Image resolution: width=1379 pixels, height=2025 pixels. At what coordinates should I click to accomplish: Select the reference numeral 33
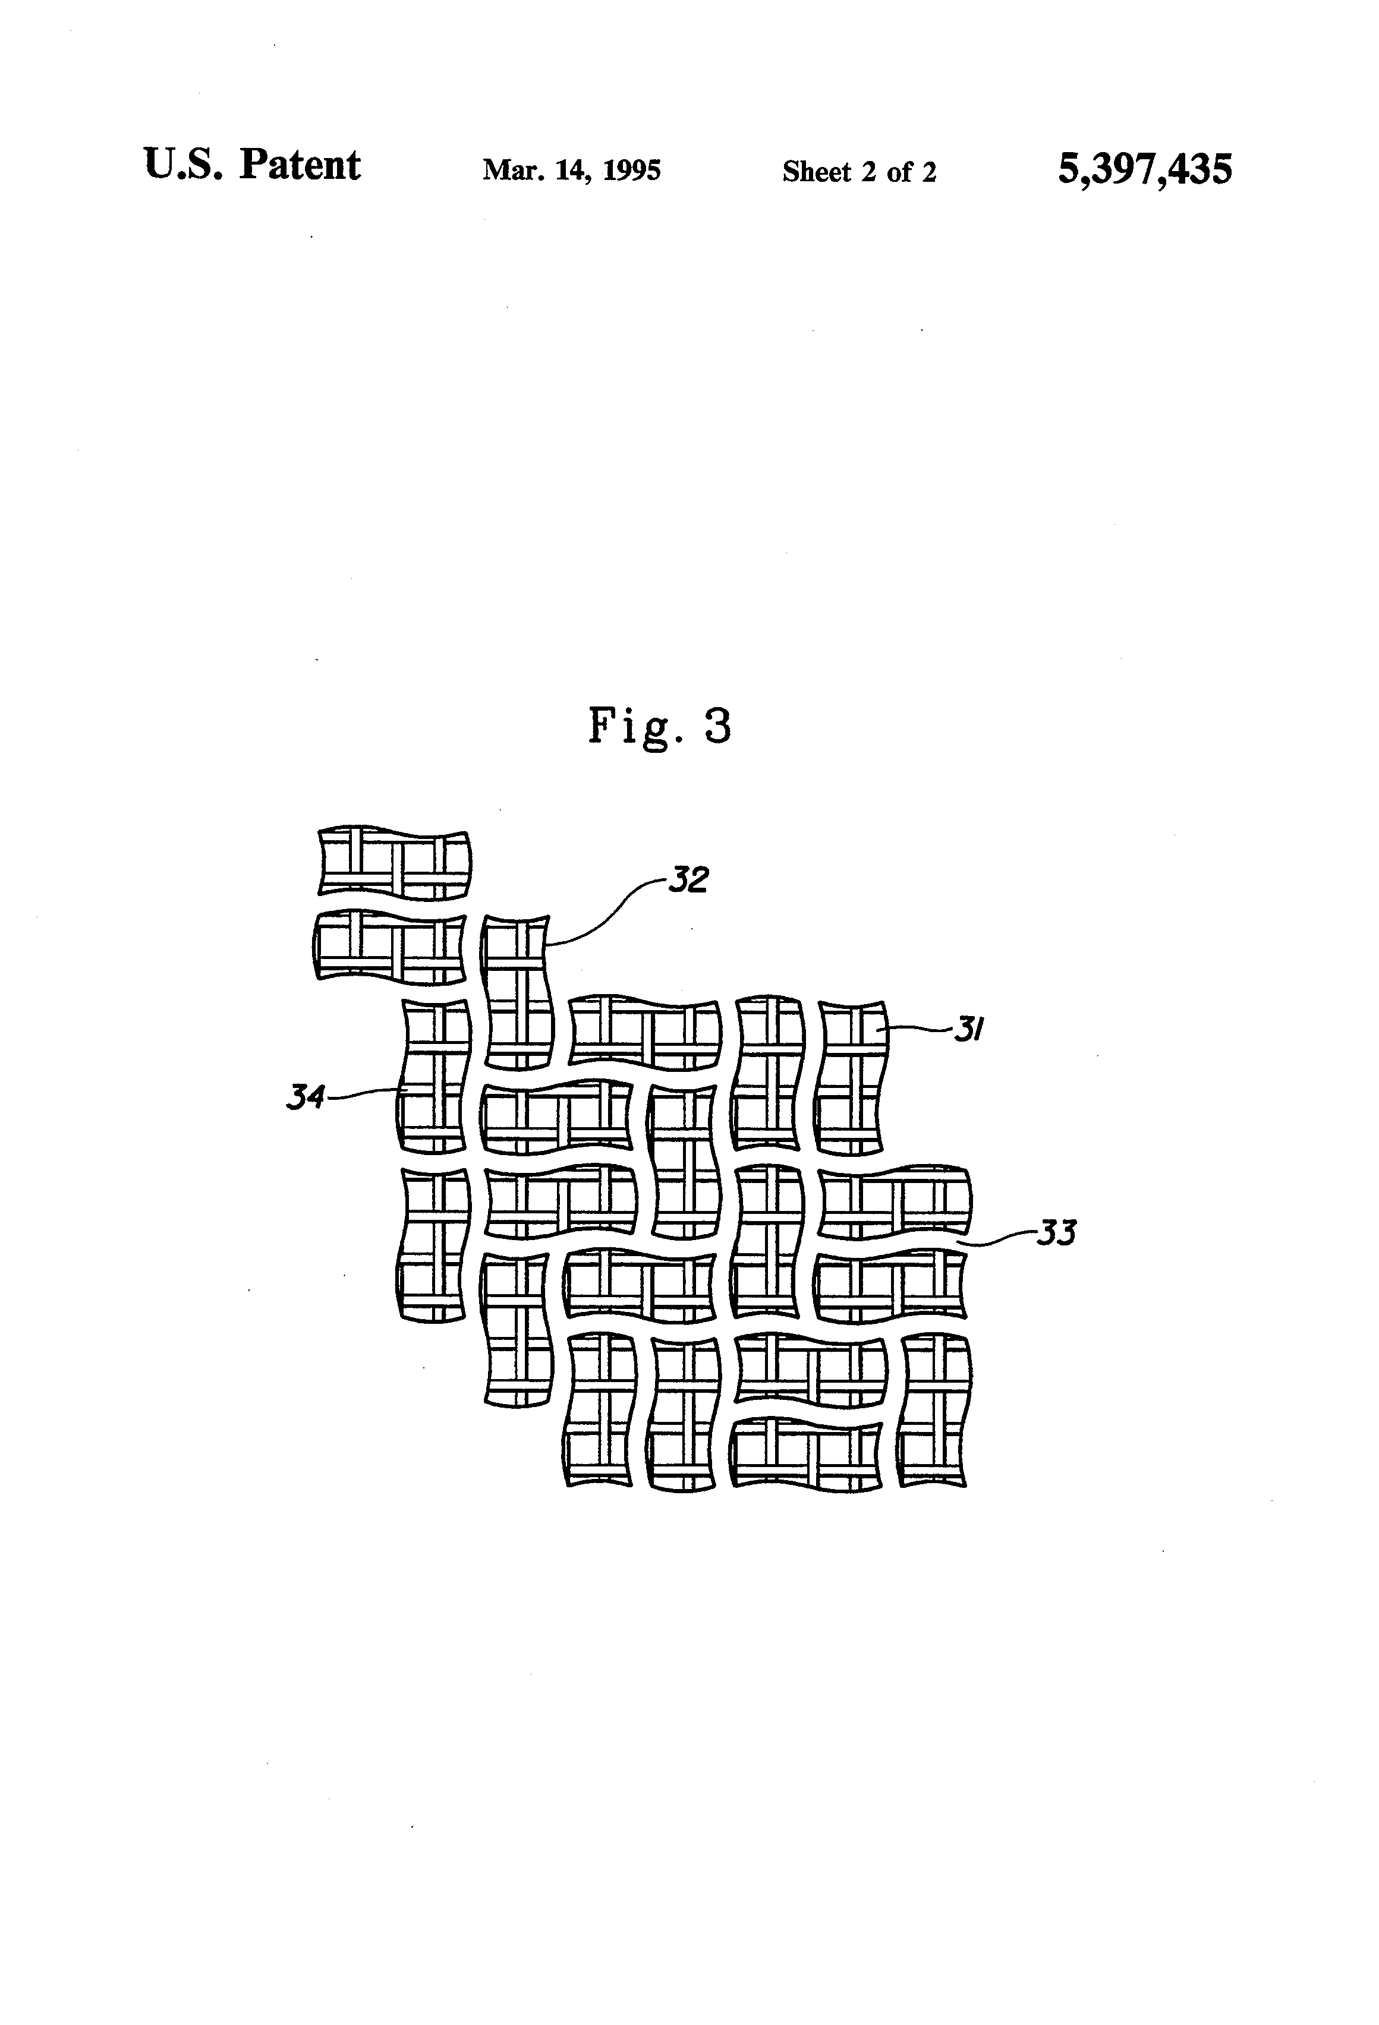(x=1056, y=1233)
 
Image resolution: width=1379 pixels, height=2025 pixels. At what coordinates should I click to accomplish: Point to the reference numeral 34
(x=306, y=1097)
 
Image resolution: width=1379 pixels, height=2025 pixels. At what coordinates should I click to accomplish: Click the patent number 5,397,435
(x=1145, y=168)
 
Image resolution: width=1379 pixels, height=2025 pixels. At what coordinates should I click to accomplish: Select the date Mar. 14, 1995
(x=572, y=170)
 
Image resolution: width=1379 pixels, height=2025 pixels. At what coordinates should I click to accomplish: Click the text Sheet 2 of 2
(x=859, y=172)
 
